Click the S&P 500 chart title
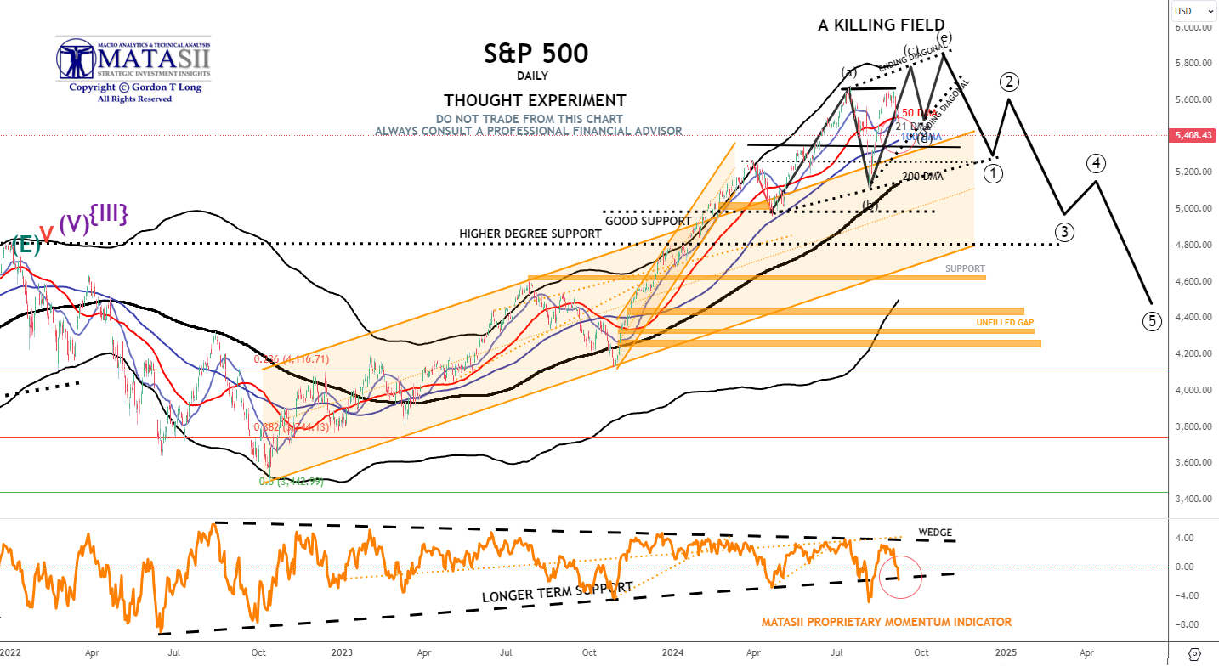pyautogui.click(x=536, y=54)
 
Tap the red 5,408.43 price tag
pyautogui.click(x=1194, y=135)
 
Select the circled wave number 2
pyautogui.click(x=1009, y=82)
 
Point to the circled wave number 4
pyautogui.click(x=1097, y=162)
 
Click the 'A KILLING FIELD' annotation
pyautogui.click(x=881, y=25)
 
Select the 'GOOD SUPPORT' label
pyautogui.click(x=648, y=221)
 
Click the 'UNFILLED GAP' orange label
pyautogui.click(x=1004, y=324)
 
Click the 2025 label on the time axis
pyautogui.click(x=1006, y=652)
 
